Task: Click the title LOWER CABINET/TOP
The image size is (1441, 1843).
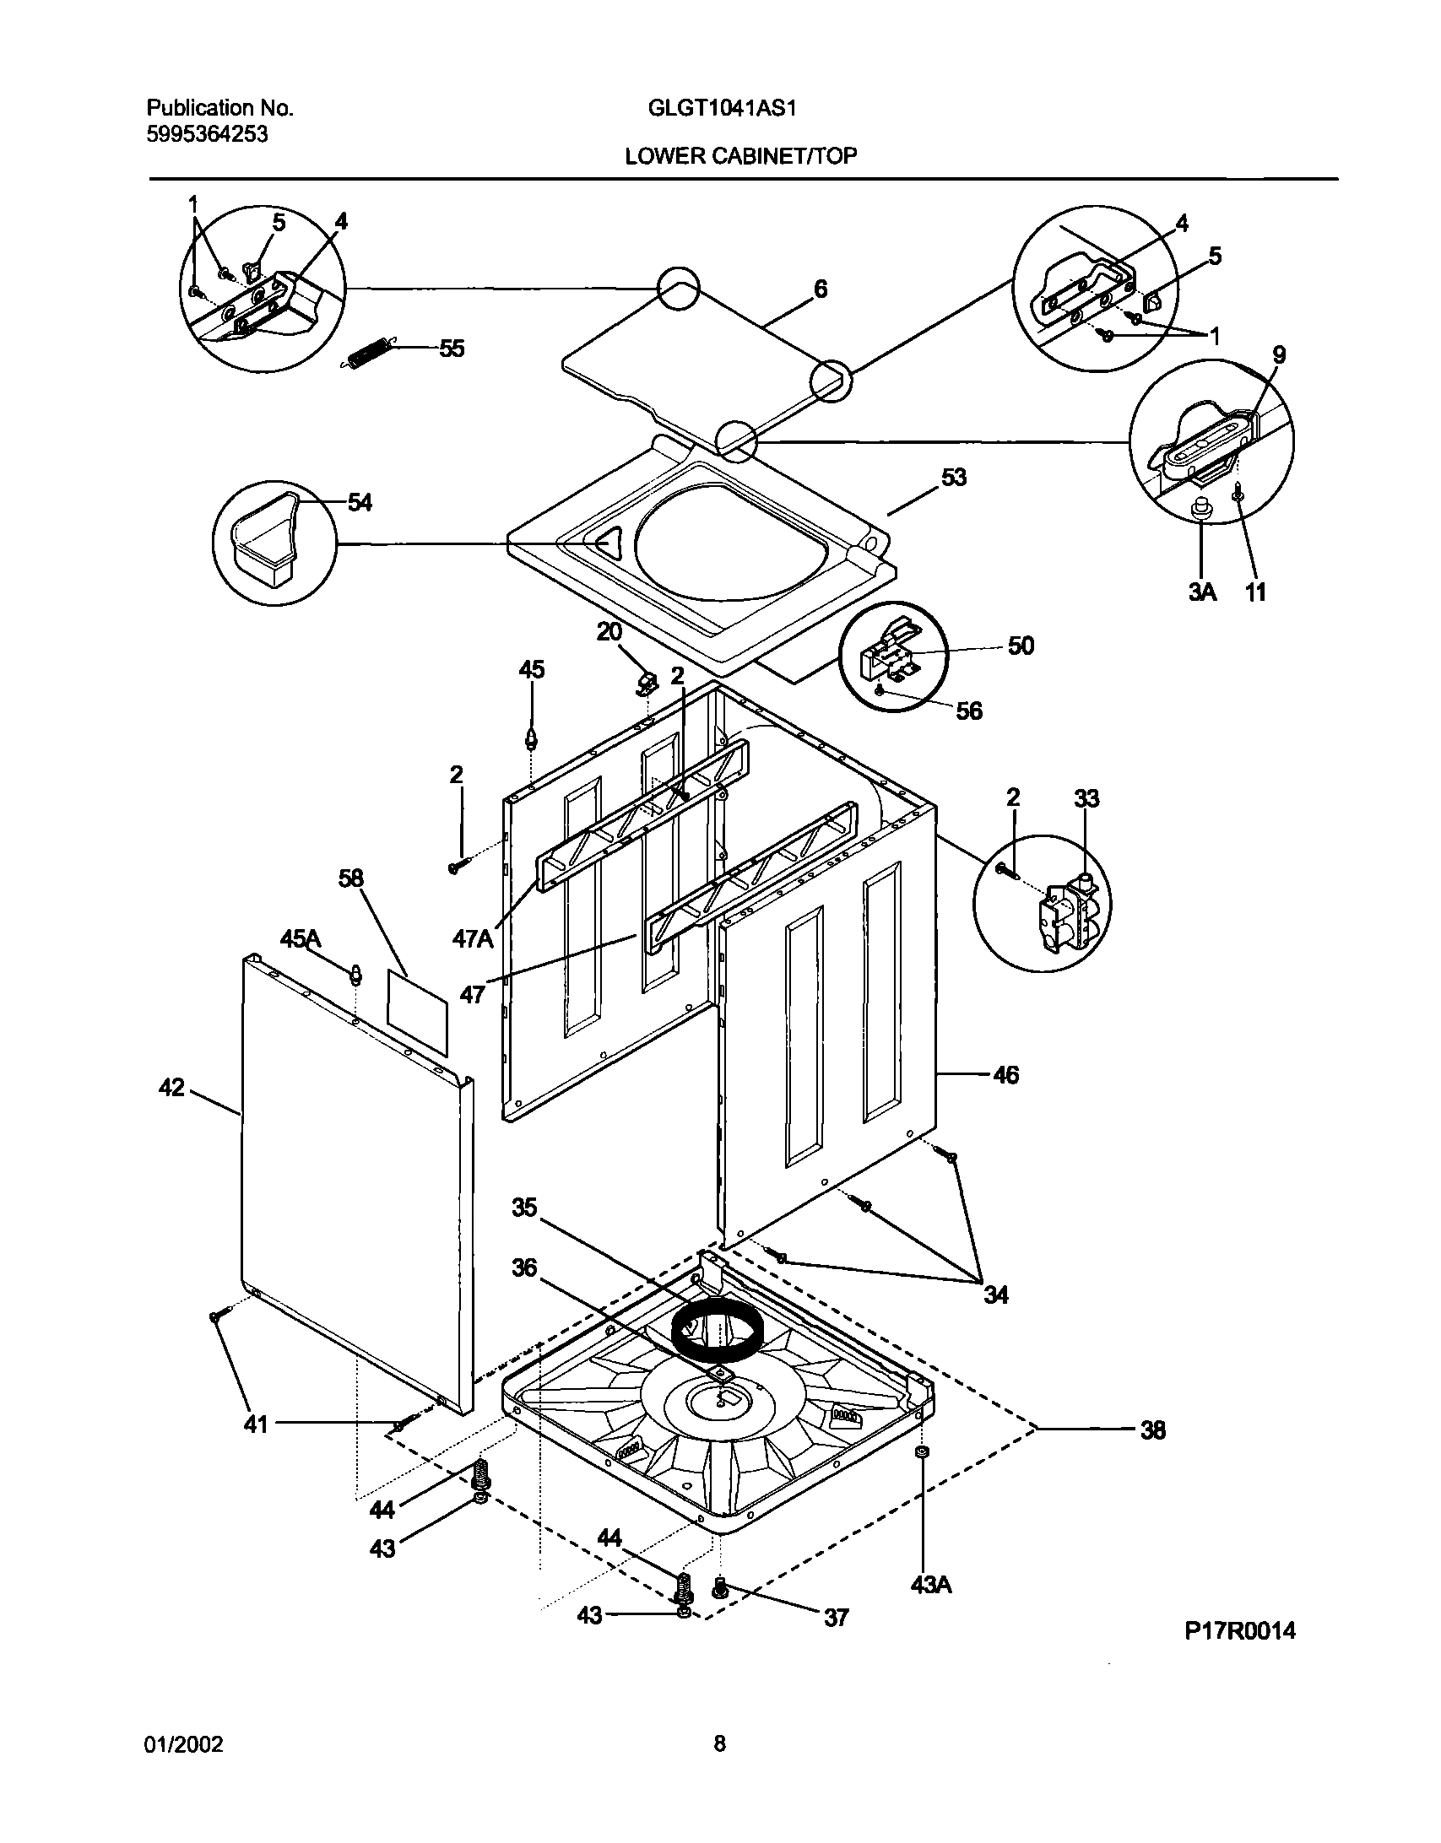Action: click(740, 156)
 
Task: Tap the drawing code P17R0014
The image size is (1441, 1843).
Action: click(1239, 1630)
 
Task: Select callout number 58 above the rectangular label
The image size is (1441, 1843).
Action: click(350, 878)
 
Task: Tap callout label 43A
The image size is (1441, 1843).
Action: click(930, 1585)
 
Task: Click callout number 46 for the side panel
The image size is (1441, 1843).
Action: click(1005, 1075)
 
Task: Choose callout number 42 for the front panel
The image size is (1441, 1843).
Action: click(171, 1088)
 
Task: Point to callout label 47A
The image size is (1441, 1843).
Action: click(472, 938)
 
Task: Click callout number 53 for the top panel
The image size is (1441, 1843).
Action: click(954, 478)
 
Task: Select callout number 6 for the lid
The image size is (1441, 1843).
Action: click(820, 289)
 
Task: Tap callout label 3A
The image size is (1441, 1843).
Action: click(1202, 592)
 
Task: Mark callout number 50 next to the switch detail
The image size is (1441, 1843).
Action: click(1021, 646)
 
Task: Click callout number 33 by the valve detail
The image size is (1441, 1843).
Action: click(1086, 798)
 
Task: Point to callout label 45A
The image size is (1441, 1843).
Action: click(301, 938)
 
